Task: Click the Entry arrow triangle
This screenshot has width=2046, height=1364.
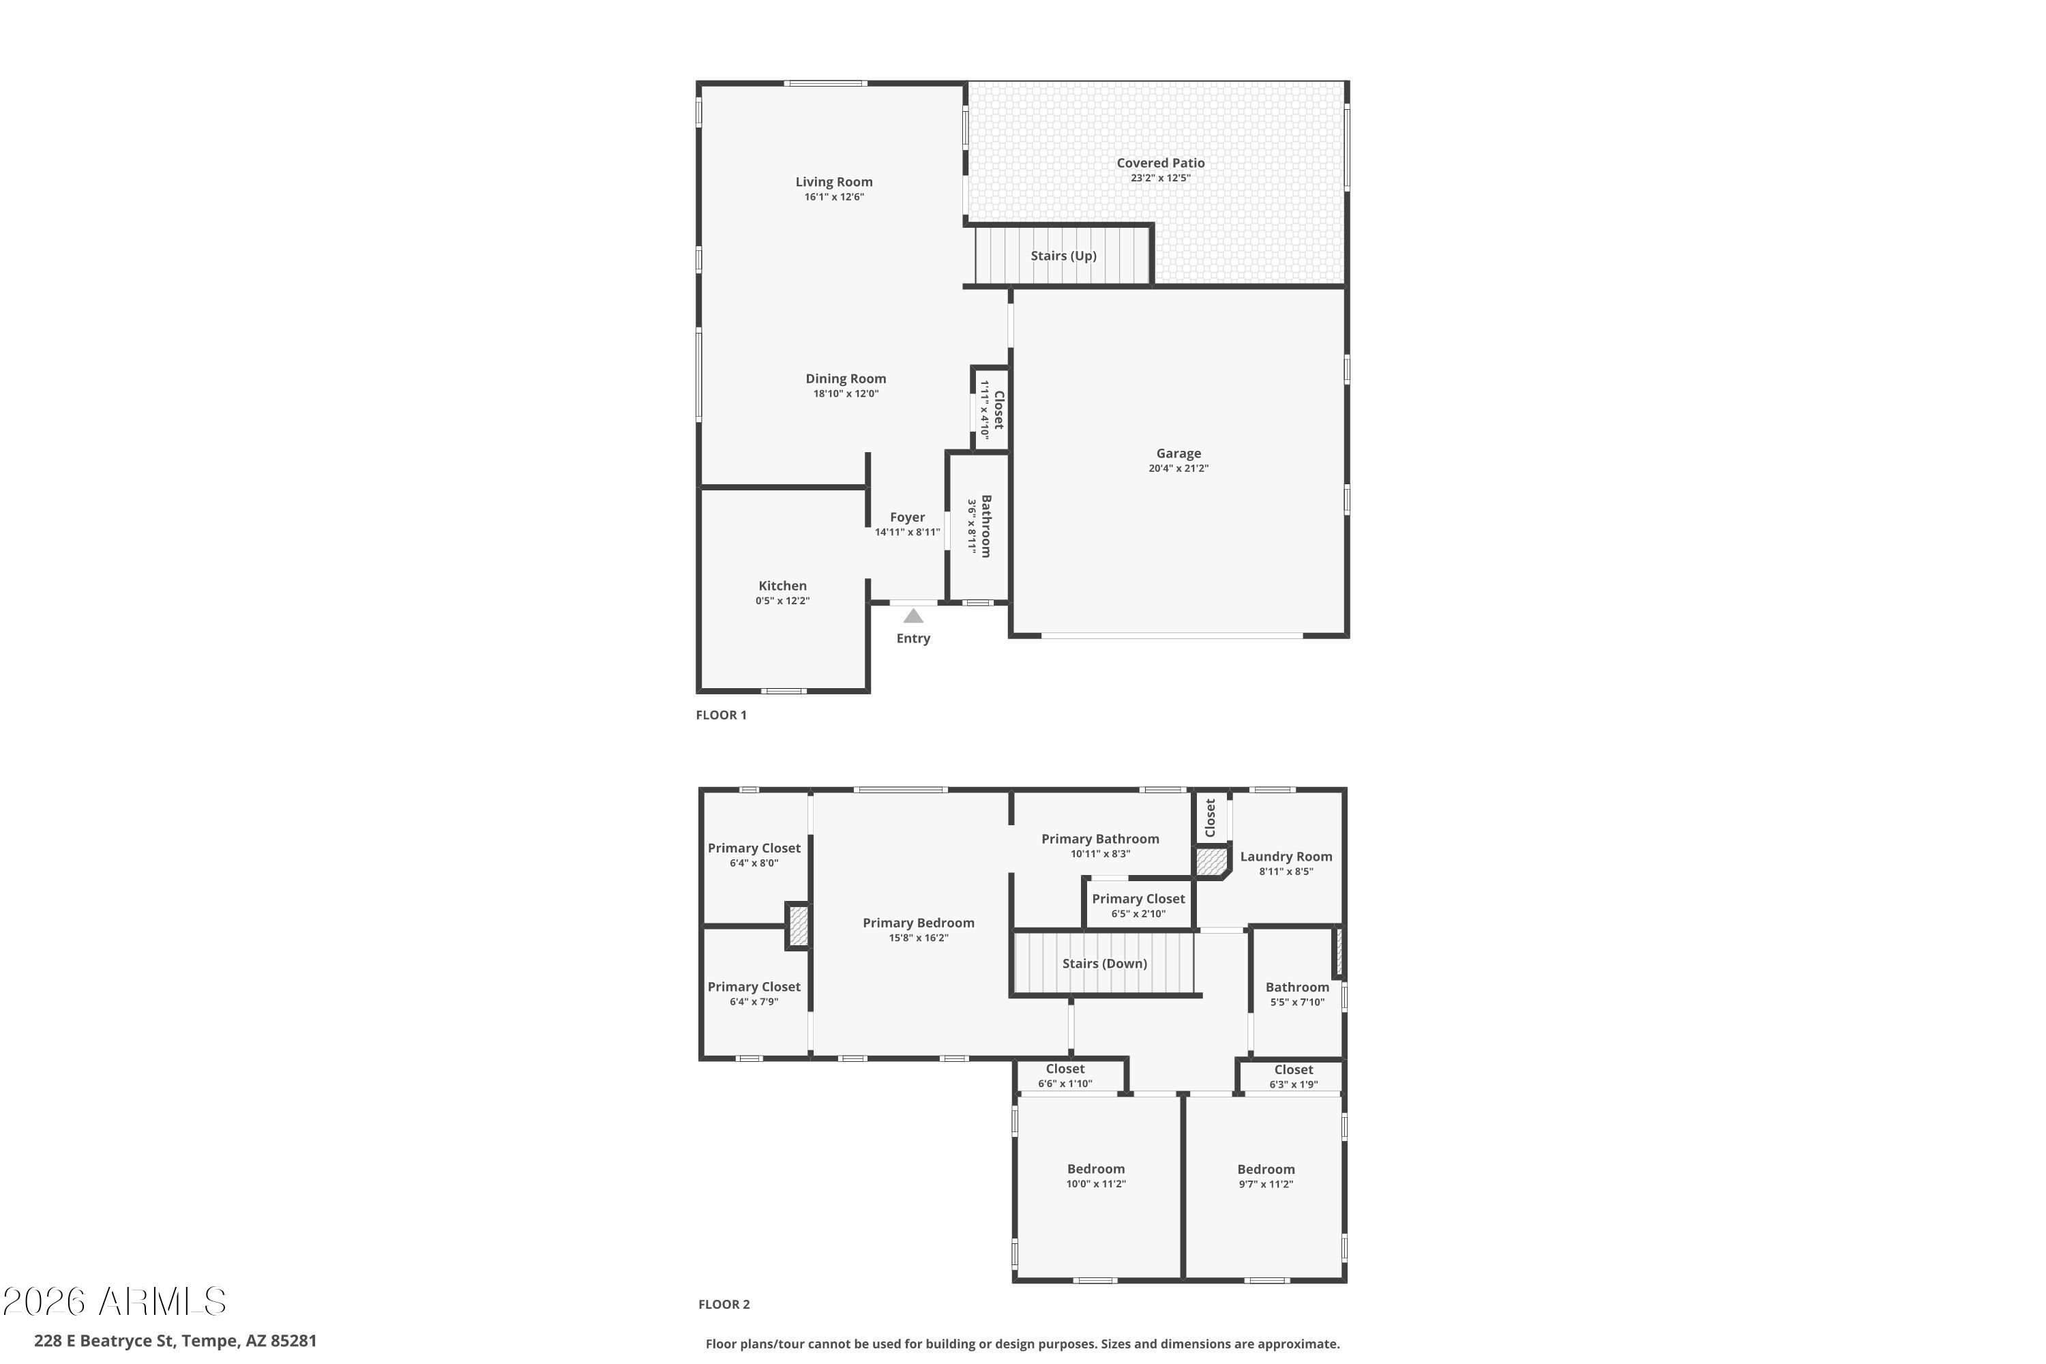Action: pyautogui.click(x=913, y=616)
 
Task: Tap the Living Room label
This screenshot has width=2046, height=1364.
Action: pyautogui.click(x=833, y=182)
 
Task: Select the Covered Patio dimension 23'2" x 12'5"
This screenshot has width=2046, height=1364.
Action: pyautogui.click(x=1161, y=178)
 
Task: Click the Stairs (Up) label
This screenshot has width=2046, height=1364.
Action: pyautogui.click(x=1063, y=256)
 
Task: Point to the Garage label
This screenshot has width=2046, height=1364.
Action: pyautogui.click(x=1178, y=454)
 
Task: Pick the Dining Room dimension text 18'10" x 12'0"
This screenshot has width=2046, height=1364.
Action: pyautogui.click(x=846, y=394)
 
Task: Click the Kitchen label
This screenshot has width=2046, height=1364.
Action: pyautogui.click(x=782, y=585)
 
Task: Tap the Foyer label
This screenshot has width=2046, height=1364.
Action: pyautogui.click(x=907, y=518)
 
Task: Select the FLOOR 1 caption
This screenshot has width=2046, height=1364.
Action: pyautogui.click(x=721, y=715)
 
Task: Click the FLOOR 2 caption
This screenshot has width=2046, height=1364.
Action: pyautogui.click(x=724, y=1304)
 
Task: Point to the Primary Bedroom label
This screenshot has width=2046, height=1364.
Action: pyautogui.click(x=919, y=923)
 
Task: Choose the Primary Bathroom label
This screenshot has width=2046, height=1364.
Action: pyautogui.click(x=1101, y=839)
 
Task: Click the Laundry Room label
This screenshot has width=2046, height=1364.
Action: pyautogui.click(x=1286, y=857)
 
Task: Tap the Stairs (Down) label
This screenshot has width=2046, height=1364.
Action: pyautogui.click(x=1105, y=964)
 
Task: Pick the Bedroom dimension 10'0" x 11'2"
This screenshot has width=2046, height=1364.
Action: pyautogui.click(x=1096, y=1184)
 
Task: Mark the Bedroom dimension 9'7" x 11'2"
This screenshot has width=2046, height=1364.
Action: pyautogui.click(x=1266, y=1184)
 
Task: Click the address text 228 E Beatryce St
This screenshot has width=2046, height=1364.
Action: pyautogui.click(x=104, y=1341)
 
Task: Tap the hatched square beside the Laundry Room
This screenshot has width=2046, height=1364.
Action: pyautogui.click(x=1210, y=862)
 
